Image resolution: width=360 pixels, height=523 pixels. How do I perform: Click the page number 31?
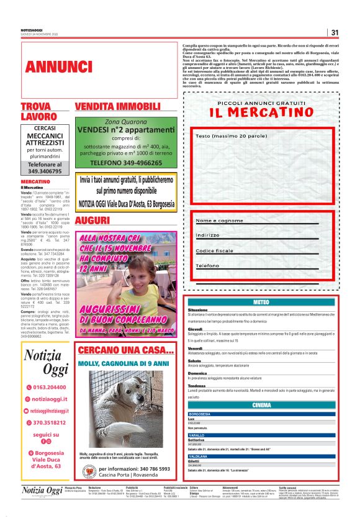point(334,32)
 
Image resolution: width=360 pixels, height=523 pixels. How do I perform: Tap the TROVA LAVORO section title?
point(38,111)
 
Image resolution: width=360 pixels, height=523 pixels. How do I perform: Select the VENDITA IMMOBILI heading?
point(117,106)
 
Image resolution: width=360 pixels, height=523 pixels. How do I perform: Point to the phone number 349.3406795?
point(45,170)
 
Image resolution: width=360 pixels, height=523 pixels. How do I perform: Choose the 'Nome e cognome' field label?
point(219,221)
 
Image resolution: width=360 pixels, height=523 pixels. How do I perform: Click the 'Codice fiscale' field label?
point(216,250)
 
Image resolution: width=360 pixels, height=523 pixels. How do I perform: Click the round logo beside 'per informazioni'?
point(89,455)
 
